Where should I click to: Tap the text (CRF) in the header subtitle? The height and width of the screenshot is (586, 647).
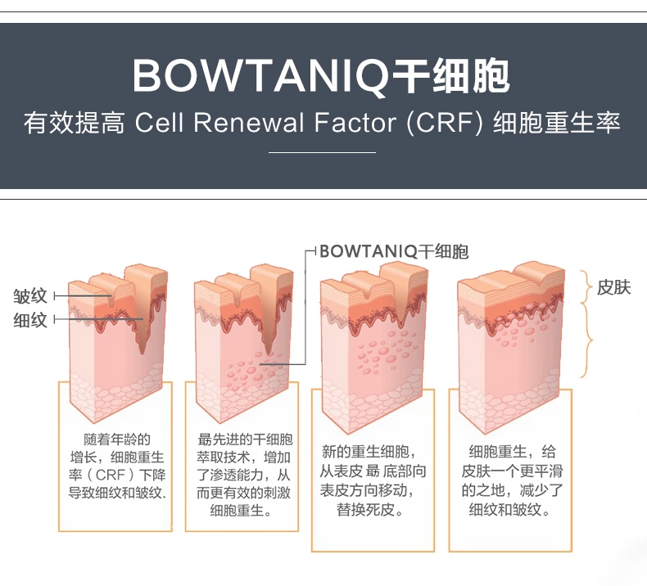[445, 123]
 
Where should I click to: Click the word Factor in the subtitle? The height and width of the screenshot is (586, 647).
[355, 123]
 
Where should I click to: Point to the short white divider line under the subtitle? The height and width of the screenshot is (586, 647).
[322, 152]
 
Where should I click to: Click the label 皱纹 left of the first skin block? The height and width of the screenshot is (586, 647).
[30, 296]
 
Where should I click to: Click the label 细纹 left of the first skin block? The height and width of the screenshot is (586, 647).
[30, 320]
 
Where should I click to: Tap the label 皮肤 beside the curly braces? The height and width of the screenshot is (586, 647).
[613, 287]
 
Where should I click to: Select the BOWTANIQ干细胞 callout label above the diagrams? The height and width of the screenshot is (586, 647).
[394, 251]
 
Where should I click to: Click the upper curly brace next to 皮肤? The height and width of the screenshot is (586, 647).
[587, 286]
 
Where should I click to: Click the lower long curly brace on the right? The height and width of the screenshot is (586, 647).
[587, 340]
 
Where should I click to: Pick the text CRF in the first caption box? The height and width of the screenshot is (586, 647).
[111, 475]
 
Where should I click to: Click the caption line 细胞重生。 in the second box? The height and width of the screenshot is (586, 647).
[242, 511]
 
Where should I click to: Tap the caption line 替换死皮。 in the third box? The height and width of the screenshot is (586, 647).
[370, 510]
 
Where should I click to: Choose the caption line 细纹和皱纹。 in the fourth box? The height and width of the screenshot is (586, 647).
[510, 510]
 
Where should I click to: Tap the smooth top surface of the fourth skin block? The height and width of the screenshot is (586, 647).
[510, 277]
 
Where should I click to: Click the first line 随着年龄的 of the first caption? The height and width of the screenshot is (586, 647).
[117, 439]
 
